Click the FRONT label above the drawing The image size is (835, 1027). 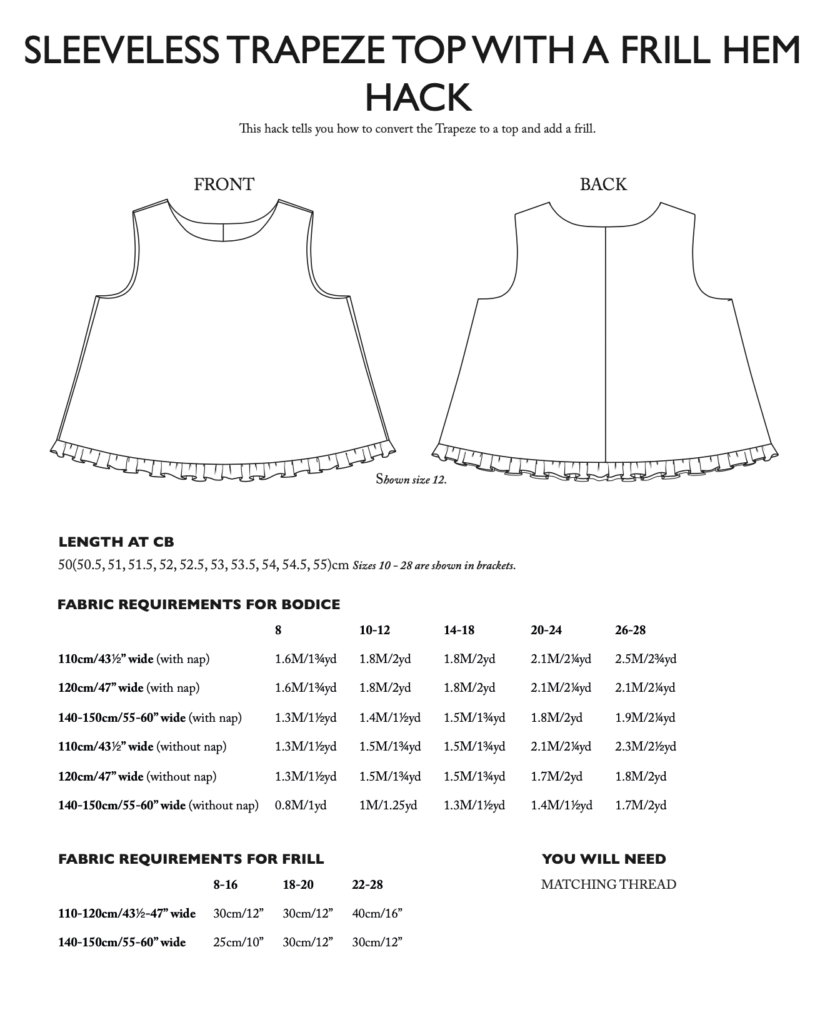coord(224,185)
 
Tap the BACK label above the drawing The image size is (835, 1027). coord(603,185)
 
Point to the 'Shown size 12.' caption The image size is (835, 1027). coord(411,480)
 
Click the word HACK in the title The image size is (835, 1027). coord(417,98)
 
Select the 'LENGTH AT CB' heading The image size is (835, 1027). coord(116,542)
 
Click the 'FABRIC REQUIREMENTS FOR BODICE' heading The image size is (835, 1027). coord(199,604)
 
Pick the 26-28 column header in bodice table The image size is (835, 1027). coord(630,630)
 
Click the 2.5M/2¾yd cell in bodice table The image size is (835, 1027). coord(646,659)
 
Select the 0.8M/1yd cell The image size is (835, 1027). coord(301,805)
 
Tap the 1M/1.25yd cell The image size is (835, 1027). coord(388,805)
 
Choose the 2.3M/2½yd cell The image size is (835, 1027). coord(646,746)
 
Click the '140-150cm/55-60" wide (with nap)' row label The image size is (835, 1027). coord(150,717)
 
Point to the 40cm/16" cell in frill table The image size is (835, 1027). coord(377,913)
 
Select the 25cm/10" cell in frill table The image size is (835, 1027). coord(238,942)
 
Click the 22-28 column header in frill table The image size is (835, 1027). coord(367,884)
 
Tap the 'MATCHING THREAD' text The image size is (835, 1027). coord(608,884)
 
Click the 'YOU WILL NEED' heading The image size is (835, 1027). coord(604,859)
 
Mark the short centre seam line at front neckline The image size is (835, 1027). coord(223,232)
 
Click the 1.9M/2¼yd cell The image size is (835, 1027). coord(645,717)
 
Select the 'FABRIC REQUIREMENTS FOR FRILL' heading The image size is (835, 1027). coord(191,859)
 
